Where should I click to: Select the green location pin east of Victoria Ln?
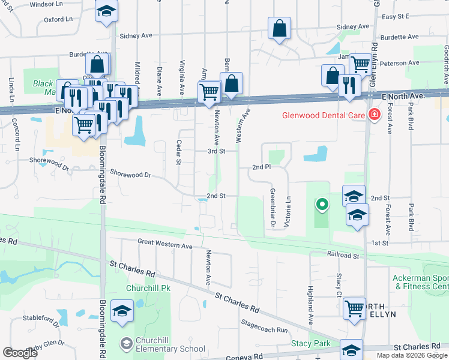322,205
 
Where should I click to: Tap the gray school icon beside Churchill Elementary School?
126,344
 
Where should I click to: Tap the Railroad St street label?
343,255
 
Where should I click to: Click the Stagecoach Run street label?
264,329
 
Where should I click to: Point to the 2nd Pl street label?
262,167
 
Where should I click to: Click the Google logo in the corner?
20,353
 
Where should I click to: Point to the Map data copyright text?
411,355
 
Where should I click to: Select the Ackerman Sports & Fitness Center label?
421,283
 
